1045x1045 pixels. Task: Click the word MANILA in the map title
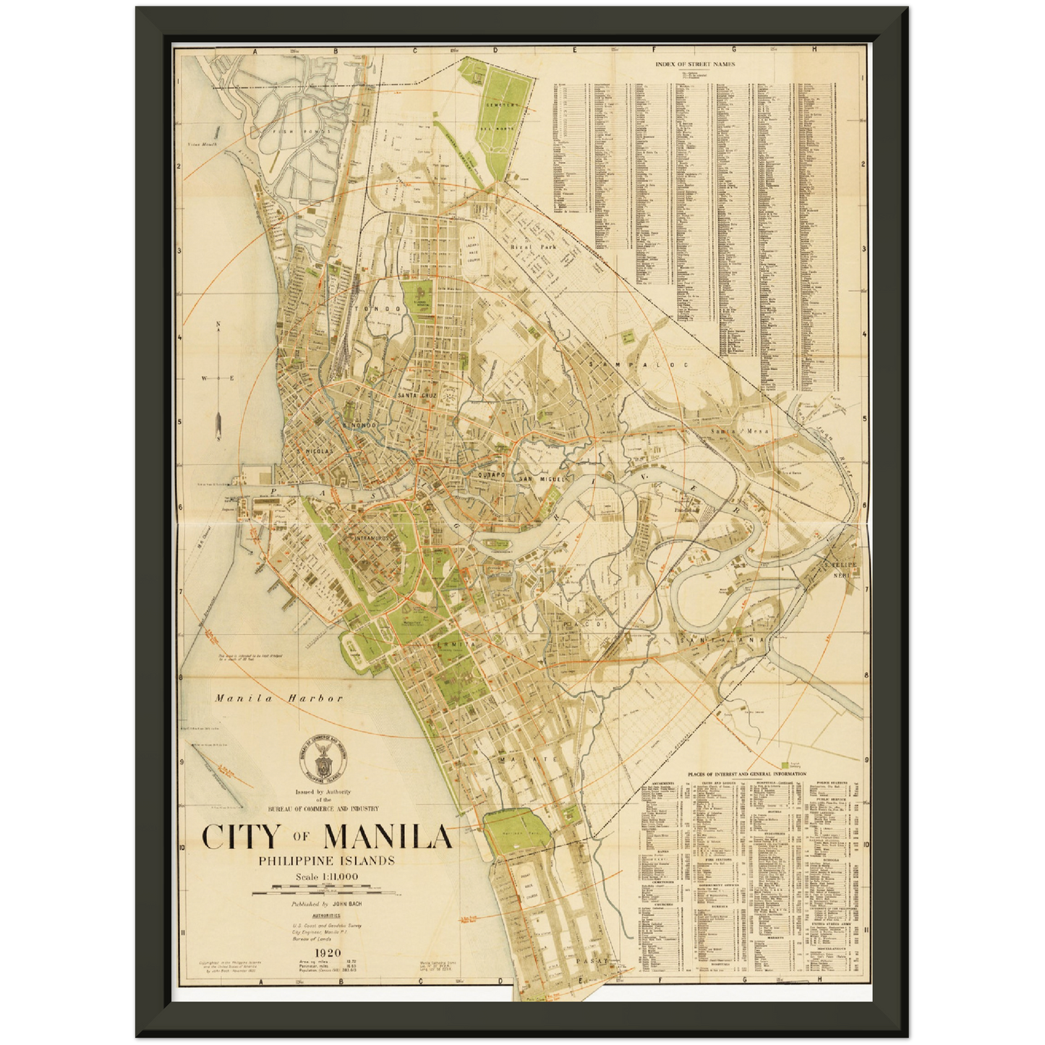click(388, 837)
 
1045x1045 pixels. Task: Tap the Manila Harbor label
click(278, 699)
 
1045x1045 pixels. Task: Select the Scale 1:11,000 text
click(326, 877)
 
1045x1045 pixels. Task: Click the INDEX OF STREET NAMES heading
click(695, 64)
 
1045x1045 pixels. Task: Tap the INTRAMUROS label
click(373, 538)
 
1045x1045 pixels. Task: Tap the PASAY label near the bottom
click(595, 961)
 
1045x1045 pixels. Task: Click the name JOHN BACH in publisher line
click(347, 904)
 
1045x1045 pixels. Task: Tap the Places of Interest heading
click(747, 774)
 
